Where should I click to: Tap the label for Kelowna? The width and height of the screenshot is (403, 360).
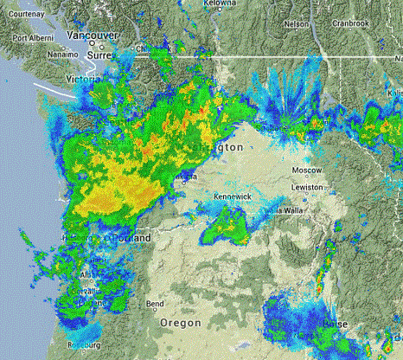(x=221, y=4)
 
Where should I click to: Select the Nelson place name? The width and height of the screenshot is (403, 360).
(x=296, y=23)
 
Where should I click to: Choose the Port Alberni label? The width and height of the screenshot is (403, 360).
(x=25, y=39)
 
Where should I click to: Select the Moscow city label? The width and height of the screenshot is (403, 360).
(x=306, y=170)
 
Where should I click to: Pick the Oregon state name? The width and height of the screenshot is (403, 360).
(x=182, y=322)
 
